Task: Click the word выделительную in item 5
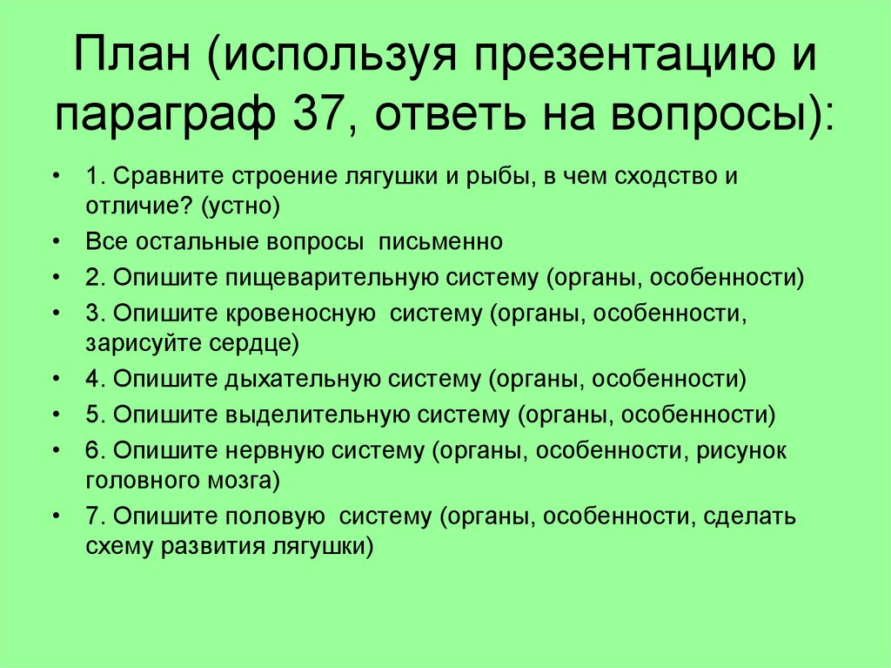tap(314, 414)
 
